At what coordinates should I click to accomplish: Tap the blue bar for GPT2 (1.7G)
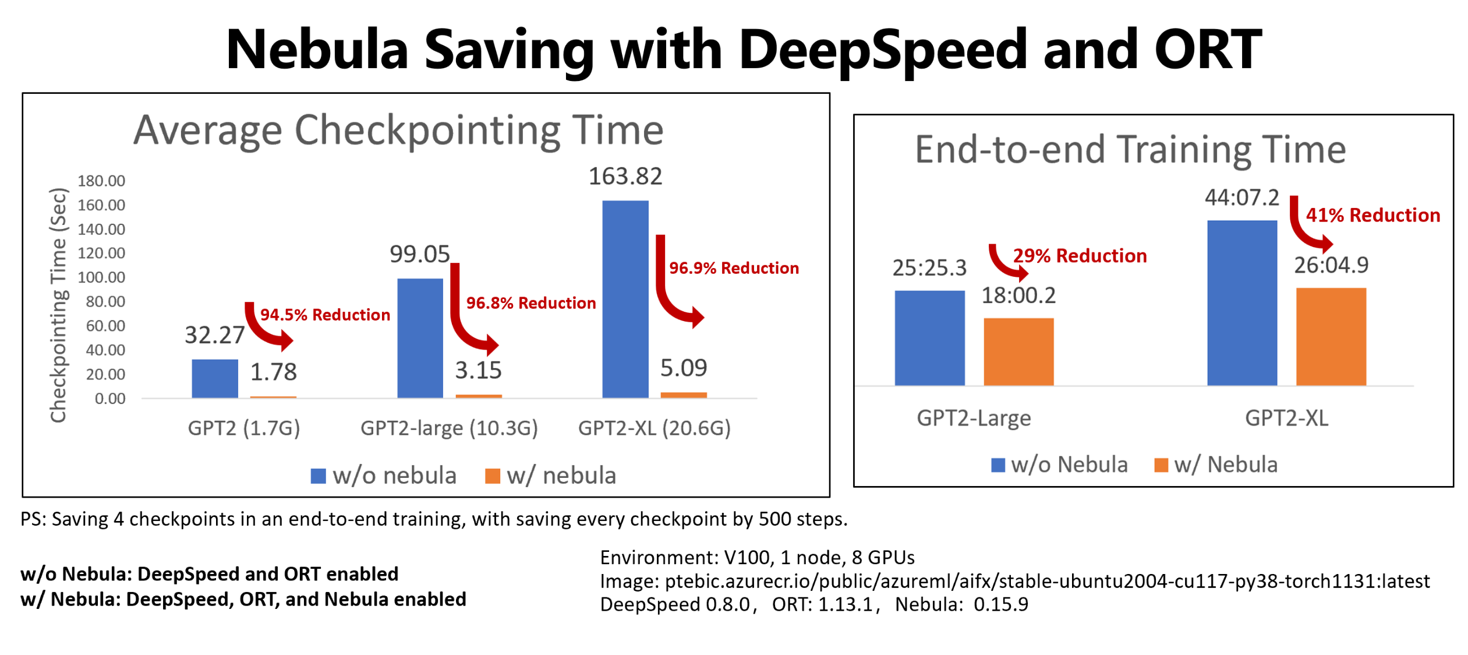tap(214, 378)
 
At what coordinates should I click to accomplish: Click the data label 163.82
tap(625, 176)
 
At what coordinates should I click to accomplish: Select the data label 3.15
tap(477, 370)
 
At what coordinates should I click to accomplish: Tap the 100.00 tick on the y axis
tap(101, 277)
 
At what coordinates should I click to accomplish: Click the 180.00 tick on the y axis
tap(101, 181)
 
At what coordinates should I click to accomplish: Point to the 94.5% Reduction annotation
tap(325, 315)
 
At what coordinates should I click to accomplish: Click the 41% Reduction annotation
tap(1372, 215)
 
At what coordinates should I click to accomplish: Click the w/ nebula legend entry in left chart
tap(550, 476)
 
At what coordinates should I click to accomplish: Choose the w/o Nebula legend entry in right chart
tap(1059, 464)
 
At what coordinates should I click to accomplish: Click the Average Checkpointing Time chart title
tap(398, 129)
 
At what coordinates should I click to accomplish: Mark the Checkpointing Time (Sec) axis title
tap(58, 304)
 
